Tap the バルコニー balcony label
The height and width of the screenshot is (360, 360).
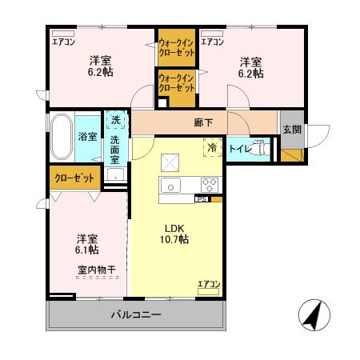coord(135,314)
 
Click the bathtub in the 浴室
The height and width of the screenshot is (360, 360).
coord(62,134)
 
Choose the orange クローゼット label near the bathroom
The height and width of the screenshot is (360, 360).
coord(73,178)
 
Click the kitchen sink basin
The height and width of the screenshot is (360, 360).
coord(172,185)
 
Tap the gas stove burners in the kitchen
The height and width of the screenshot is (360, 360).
coord(210,185)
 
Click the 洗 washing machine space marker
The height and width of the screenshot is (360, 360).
coord(116,120)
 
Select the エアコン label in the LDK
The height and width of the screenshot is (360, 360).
coord(209,284)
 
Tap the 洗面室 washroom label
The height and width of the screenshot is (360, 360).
coord(116,150)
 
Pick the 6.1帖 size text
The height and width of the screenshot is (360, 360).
coord(86,250)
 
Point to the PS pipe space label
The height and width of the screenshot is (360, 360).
coord(202,199)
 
